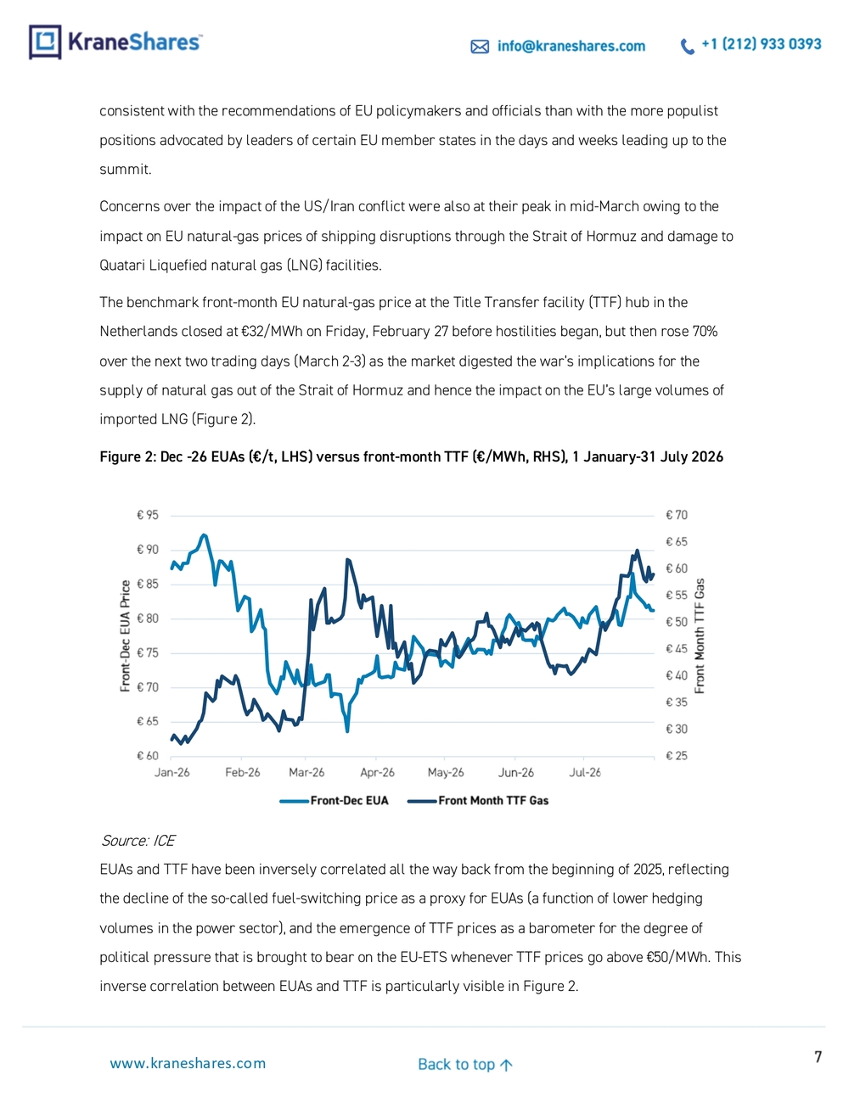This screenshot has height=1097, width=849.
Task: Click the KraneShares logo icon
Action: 46,42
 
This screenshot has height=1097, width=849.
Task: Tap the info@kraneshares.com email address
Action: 571,46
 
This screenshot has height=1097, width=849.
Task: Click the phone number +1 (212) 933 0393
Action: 762,44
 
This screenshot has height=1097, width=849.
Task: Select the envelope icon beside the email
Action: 480,47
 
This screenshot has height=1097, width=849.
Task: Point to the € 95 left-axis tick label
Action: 148,515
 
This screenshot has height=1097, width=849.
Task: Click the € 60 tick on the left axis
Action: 148,756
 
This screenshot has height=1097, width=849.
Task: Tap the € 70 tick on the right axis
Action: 677,515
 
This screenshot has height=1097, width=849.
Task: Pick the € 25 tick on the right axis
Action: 677,756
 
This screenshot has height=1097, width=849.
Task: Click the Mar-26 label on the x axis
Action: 306,772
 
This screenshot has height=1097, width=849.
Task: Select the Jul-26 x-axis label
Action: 585,772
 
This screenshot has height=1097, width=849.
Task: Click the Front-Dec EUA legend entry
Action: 334,801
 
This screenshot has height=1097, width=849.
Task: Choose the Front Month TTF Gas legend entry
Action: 478,801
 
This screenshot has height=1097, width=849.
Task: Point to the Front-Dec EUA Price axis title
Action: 126,635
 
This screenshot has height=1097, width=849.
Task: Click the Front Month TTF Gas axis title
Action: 700,636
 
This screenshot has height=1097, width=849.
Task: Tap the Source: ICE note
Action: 138,841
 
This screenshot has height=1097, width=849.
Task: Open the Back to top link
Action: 465,1064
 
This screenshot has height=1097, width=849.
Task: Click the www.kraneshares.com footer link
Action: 188,1063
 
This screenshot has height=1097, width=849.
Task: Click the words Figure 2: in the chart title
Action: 128,457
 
